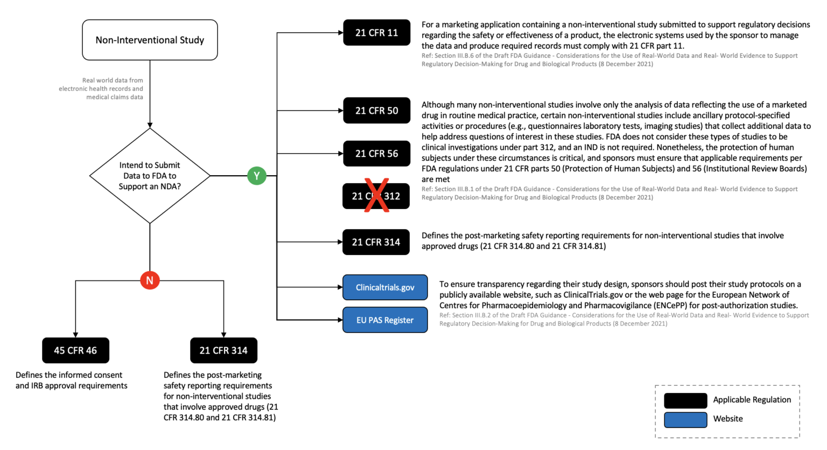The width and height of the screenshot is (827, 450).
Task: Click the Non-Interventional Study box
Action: (150, 40)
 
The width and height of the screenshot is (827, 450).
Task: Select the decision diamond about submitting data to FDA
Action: (150, 176)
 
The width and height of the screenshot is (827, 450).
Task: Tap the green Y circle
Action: (257, 176)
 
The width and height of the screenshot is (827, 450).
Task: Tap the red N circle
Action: (150, 280)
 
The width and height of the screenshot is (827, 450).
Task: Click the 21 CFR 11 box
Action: (376, 32)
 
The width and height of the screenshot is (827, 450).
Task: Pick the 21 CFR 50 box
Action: (376, 110)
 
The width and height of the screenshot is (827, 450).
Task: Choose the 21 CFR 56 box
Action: (376, 154)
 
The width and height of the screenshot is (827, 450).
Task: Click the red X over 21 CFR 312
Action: (376, 195)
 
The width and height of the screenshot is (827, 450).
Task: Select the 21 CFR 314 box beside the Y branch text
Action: (376, 242)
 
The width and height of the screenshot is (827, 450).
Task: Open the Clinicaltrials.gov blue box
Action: (385, 287)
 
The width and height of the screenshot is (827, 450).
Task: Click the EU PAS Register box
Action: (385, 320)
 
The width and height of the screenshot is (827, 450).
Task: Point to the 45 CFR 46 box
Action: (76, 350)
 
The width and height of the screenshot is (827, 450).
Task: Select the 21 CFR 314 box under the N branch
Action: (224, 350)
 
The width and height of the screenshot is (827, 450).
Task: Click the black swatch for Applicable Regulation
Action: (685, 400)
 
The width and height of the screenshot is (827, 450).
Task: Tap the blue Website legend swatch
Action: (685, 420)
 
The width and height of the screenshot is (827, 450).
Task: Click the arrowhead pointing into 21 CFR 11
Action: (341, 32)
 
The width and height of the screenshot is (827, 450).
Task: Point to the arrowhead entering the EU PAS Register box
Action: (340, 320)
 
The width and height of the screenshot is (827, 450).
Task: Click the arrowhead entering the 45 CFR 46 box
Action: (76, 335)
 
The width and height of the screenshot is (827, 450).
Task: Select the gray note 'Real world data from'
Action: (113, 80)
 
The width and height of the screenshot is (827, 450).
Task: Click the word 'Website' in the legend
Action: (728, 419)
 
